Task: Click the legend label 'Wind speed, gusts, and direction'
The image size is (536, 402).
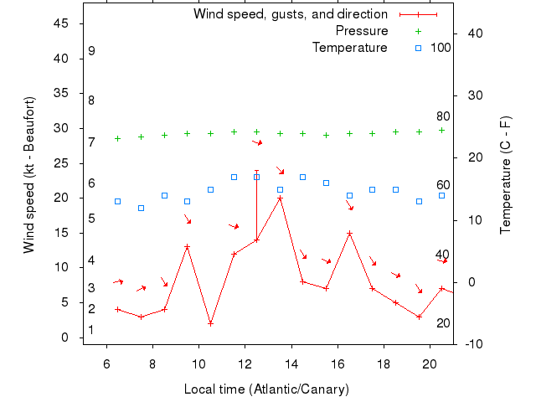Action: click(x=290, y=14)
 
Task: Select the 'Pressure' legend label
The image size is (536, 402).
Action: click(x=362, y=31)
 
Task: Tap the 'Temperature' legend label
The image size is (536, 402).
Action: click(x=350, y=48)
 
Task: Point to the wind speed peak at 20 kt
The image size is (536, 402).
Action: click(x=280, y=198)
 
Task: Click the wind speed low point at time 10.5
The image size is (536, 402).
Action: click(x=210, y=323)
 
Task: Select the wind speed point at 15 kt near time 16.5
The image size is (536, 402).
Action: click(x=349, y=233)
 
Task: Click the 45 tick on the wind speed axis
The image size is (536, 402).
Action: click(x=61, y=23)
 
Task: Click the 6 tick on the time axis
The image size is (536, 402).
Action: click(x=106, y=364)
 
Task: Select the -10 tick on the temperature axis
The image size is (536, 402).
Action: click(x=472, y=344)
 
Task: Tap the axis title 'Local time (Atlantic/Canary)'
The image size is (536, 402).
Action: click(x=266, y=389)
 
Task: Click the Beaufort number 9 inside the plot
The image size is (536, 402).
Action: click(x=91, y=51)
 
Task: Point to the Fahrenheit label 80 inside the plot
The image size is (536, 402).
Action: click(x=443, y=116)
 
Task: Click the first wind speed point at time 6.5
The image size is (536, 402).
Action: click(x=117, y=309)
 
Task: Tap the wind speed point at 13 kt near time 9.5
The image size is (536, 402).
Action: click(x=187, y=247)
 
